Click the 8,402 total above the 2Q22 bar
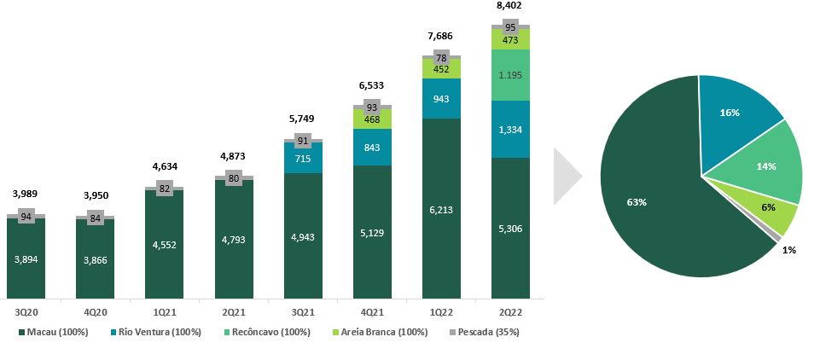tap(510, 7)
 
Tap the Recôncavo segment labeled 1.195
tap(510, 75)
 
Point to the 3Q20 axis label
tap(26, 312)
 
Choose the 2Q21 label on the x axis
tap(234, 312)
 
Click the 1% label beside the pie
tap(790, 251)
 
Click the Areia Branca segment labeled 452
tap(441, 69)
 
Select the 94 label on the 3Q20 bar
tap(26, 217)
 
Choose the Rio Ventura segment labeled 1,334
tap(510, 129)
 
